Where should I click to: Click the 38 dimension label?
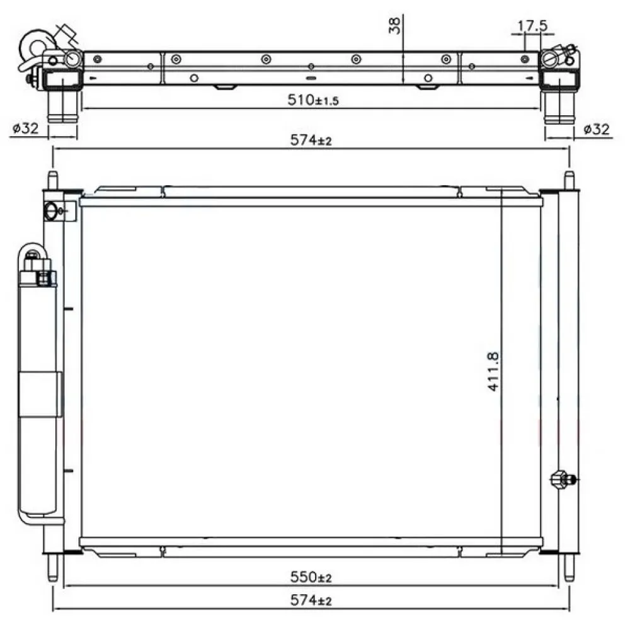pyautogui.click(x=395, y=25)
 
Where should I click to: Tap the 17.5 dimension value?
pyautogui.click(x=532, y=26)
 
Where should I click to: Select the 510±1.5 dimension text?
pyautogui.click(x=313, y=100)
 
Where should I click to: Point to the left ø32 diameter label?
pyautogui.click(x=25, y=129)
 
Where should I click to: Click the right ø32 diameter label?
pyautogui.click(x=596, y=129)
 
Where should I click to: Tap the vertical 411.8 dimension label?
pyautogui.click(x=493, y=372)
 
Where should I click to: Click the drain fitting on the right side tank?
pyautogui.click(x=561, y=478)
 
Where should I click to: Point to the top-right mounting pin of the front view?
pyautogui.click(x=569, y=179)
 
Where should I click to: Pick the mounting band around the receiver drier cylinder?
pyautogui.click(x=40, y=394)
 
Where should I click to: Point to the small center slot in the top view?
pyautogui.click(x=311, y=79)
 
